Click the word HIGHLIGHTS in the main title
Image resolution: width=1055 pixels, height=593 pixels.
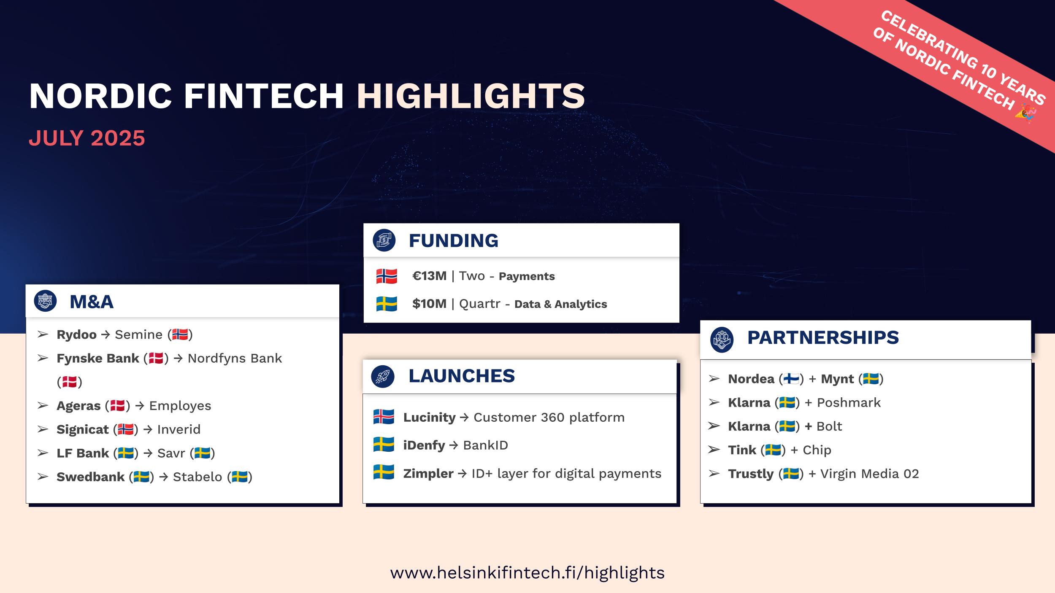tap(471, 96)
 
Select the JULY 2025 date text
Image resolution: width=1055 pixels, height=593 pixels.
tap(87, 138)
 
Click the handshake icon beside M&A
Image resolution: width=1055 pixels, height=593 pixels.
tap(45, 301)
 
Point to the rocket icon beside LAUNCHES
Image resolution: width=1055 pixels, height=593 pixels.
tap(383, 376)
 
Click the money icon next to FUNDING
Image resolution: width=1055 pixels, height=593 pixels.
tap(384, 240)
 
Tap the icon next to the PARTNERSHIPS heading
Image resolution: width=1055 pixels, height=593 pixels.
tap(722, 339)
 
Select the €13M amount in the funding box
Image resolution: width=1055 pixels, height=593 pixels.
tap(429, 276)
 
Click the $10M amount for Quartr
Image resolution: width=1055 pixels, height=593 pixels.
tap(429, 304)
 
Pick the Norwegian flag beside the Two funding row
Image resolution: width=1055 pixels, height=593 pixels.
tap(387, 276)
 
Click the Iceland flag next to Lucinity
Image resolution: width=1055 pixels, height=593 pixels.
tap(384, 417)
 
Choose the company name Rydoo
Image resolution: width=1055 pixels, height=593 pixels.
tap(76, 334)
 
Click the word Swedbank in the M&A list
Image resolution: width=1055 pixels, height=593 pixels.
tap(90, 477)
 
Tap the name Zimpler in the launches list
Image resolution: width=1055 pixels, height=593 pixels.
tap(428, 473)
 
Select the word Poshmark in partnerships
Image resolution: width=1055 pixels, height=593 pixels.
tap(849, 403)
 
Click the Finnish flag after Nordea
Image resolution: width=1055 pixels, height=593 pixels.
tap(791, 379)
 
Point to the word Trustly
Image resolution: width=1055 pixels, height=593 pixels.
tap(751, 474)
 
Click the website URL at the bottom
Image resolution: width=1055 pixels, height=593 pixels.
tap(527, 573)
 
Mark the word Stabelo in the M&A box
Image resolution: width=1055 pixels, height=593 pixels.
tap(197, 477)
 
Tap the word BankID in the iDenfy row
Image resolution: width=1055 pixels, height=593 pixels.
tap(485, 445)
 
